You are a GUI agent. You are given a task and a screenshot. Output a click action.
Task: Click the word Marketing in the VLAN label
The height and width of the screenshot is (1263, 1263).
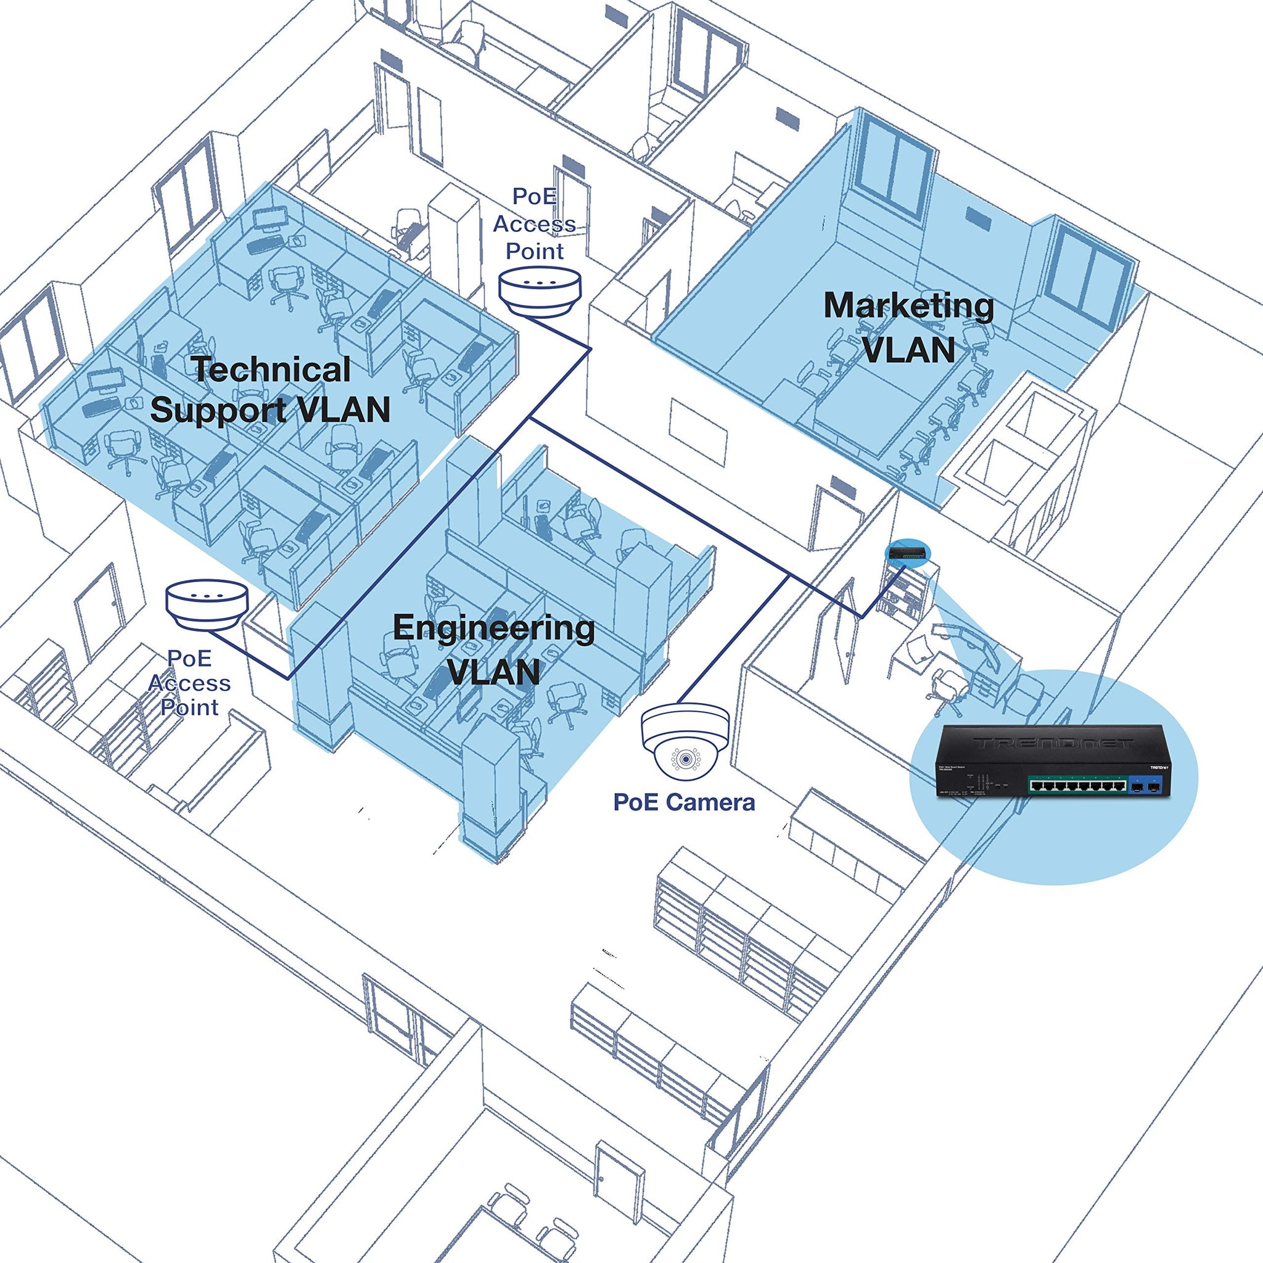[908, 305]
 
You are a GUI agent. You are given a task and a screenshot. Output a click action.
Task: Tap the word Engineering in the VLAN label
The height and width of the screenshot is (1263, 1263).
[493, 628]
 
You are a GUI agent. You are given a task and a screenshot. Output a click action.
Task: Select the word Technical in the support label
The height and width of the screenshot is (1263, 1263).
[271, 369]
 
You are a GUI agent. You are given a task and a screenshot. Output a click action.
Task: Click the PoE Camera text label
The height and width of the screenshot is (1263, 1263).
[684, 802]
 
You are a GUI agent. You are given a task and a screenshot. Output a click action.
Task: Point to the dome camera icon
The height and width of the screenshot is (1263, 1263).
[685, 739]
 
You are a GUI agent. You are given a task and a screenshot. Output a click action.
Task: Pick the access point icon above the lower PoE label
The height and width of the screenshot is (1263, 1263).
[207, 603]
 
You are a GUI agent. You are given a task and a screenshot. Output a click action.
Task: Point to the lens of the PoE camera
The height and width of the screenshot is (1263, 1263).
[685, 759]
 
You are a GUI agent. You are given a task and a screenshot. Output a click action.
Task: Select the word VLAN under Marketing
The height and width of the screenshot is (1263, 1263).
[908, 348]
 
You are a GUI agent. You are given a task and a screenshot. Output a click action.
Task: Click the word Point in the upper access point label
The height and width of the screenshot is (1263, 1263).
[535, 251]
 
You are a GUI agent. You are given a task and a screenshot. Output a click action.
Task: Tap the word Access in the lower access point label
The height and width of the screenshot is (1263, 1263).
[189, 683]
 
